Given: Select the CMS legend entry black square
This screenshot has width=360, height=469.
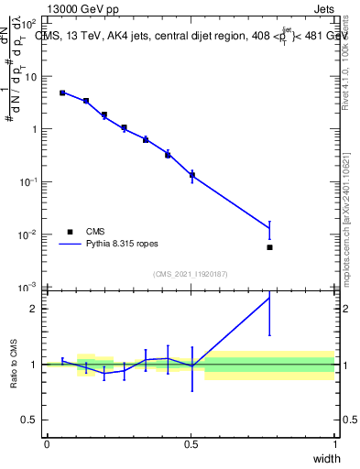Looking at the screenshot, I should [70, 232].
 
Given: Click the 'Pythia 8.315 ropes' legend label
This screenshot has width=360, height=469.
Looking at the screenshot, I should [125, 245].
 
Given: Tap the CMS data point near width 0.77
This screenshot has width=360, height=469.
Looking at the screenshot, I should [269, 247].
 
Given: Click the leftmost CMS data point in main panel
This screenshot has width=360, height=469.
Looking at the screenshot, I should [62, 93].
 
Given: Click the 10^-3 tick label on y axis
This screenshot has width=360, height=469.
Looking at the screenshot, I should [31, 287].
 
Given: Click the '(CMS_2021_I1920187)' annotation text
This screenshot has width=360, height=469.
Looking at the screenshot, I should [190, 274].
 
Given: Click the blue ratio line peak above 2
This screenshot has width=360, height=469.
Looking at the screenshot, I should [269, 297].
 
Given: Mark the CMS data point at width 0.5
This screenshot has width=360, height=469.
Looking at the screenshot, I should [191, 174].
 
